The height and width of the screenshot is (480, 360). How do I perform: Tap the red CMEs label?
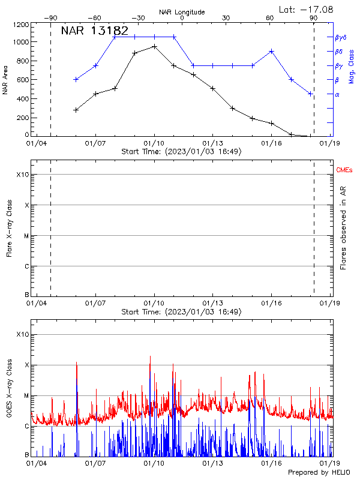point(344,171)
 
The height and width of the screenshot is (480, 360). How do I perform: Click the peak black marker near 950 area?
point(154,46)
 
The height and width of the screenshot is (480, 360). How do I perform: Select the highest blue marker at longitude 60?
point(272,51)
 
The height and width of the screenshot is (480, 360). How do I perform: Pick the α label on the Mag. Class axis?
point(337,94)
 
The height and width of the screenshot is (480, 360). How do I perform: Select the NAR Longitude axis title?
point(182,11)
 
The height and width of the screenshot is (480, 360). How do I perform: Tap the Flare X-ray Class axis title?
point(8,228)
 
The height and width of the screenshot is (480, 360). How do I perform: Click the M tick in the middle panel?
point(25,236)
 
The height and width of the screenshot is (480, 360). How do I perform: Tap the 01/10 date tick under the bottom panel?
point(154,463)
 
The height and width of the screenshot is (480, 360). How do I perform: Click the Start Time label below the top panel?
point(181,152)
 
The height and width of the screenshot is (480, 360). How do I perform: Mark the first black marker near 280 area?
point(76,110)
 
